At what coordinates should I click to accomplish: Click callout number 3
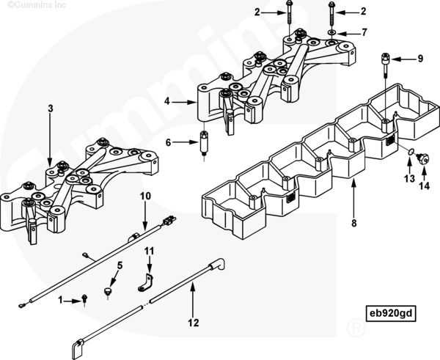50,109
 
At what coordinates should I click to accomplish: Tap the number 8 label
353,224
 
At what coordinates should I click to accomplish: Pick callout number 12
193,321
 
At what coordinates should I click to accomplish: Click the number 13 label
408,178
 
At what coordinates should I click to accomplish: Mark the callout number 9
421,58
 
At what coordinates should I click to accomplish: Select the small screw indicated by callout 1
85,298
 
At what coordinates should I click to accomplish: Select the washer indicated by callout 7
332,34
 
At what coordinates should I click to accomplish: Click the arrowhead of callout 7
342,34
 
